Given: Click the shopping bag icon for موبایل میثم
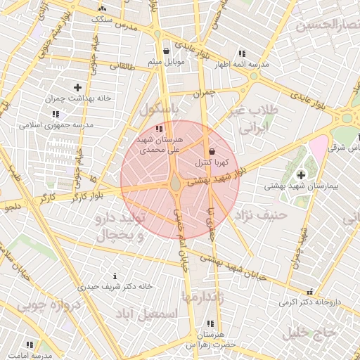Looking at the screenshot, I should pyautogui.click(x=166, y=51).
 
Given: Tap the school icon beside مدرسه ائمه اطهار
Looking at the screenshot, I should pyautogui.click(x=242, y=53).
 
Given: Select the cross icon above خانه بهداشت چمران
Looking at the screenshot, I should pyautogui.click(x=77, y=87).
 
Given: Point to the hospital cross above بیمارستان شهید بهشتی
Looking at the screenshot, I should pyautogui.click(x=302, y=174).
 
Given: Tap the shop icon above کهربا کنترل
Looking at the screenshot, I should pyautogui.click(x=212, y=151).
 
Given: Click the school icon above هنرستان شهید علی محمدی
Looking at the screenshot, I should pyautogui.click(x=160, y=129).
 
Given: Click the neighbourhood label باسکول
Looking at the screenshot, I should pyautogui.click(x=160, y=110).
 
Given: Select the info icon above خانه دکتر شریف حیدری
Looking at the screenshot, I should pyautogui.click(x=115, y=276).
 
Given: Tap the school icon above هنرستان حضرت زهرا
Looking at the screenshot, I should pyautogui.click(x=210, y=324).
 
